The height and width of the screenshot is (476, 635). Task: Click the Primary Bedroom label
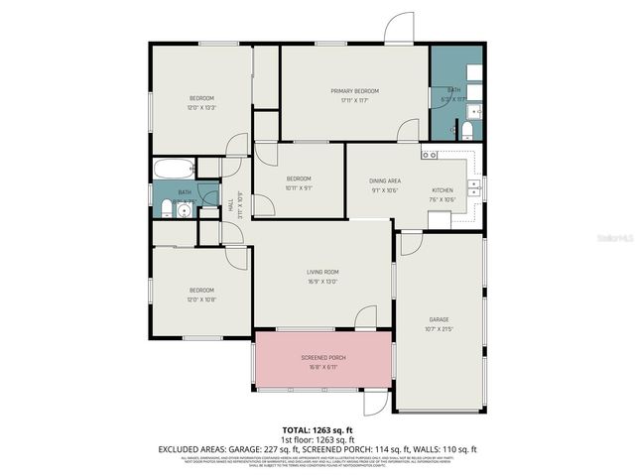pos(354,90)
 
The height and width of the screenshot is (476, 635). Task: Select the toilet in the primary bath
pos(466,131)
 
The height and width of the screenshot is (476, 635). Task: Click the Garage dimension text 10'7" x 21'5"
pos(439,328)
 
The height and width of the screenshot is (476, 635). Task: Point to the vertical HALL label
pos(231,205)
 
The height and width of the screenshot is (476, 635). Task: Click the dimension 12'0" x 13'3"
pos(202,107)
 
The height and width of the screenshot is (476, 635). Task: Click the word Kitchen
pos(443,189)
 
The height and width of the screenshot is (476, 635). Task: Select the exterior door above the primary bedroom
pos(400,29)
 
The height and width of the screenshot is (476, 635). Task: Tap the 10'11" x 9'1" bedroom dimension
pos(299,187)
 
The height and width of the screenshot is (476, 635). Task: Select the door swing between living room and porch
pos(365,318)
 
